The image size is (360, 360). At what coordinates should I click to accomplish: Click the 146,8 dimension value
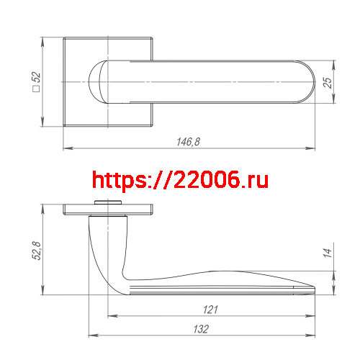tap(188, 143)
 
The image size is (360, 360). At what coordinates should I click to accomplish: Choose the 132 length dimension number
tap(201, 329)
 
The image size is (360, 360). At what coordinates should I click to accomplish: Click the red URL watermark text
tap(180, 179)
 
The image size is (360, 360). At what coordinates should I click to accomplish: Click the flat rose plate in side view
tap(108, 210)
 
